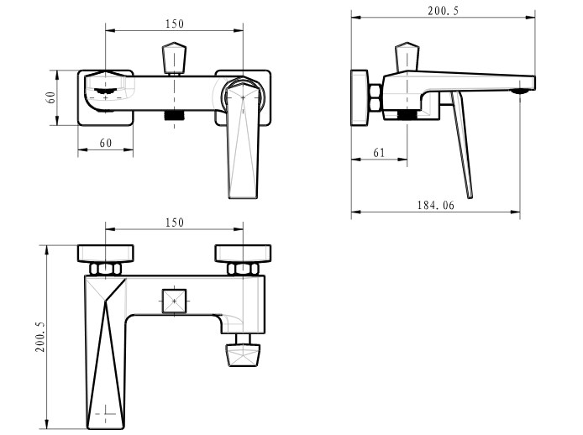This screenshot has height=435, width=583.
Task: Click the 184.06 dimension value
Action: [435, 205]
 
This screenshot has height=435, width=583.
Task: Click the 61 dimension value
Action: [379, 153]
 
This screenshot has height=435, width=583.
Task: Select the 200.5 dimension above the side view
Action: [444, 11]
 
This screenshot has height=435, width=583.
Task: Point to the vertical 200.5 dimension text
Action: [40, 338]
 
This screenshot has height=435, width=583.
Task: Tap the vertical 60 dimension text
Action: [50, 97]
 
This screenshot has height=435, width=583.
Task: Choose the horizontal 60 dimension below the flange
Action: [106, 143]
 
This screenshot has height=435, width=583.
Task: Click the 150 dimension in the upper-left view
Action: [175, 24]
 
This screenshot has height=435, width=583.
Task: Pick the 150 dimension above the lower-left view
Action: [175, 223]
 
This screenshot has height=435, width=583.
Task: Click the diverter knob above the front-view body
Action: [174, 58]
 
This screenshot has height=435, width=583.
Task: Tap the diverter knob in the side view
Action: [407, 57]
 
